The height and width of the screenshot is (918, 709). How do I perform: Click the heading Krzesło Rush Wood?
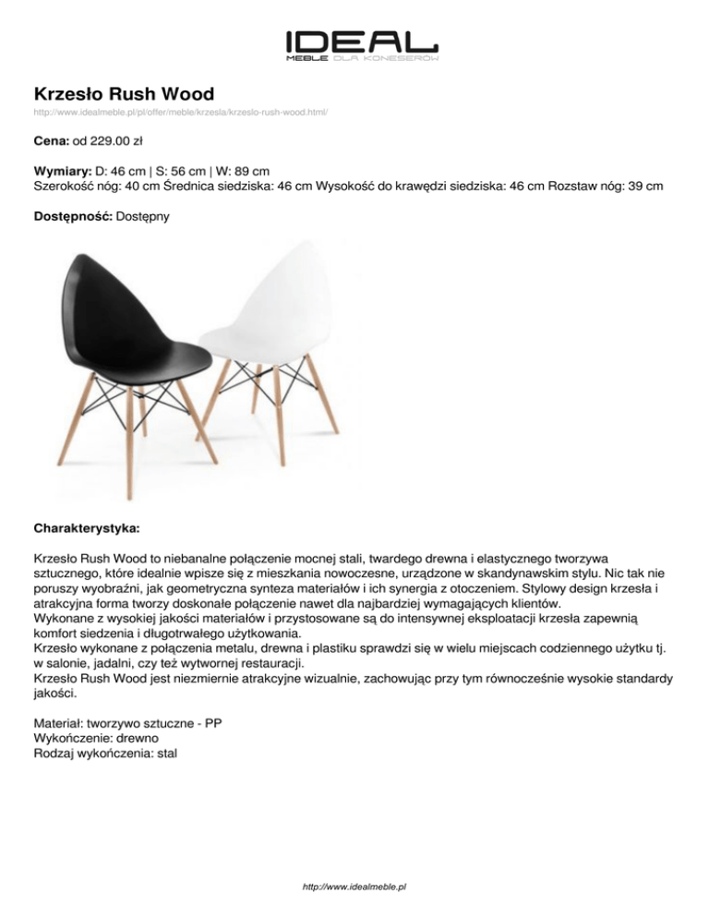[124, 93]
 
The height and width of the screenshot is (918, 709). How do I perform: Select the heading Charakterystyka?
[87, 530]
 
